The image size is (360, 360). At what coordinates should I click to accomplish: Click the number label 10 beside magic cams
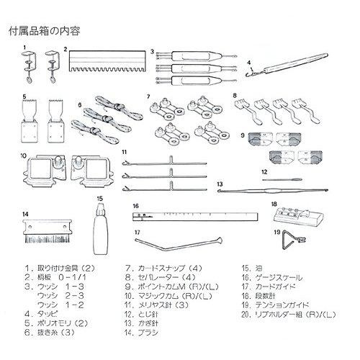click(x=23, y=153)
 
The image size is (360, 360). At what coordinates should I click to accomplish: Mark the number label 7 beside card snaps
click(x=147, y=96)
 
